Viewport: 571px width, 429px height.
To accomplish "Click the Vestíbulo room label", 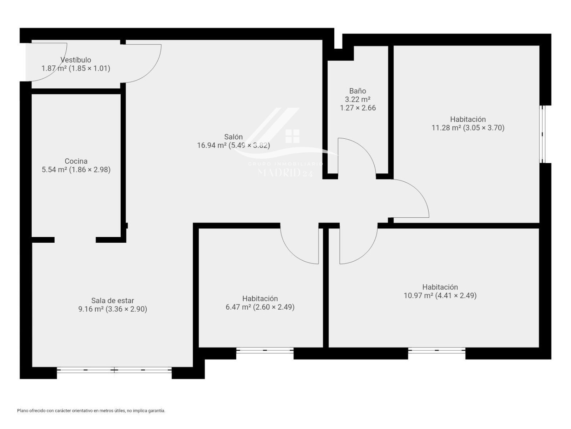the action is coord(76,60).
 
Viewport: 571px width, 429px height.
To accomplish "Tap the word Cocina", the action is coord(76,161).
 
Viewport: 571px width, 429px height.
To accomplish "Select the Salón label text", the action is coord(233,137).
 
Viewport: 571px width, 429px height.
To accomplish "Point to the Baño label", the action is coord(358,91).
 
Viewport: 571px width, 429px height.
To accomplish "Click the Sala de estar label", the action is coord(113,301).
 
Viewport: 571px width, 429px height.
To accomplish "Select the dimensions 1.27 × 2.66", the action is coord(358,108).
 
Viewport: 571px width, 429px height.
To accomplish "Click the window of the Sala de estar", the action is coord(114,370).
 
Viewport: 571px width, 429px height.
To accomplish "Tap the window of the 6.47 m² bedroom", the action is coord(265,350).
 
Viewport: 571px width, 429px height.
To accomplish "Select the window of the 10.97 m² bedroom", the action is coord(436,350).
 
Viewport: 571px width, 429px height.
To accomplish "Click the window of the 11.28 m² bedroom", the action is coord(542,134).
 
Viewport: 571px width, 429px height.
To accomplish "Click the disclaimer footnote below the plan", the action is coord(91,411).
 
